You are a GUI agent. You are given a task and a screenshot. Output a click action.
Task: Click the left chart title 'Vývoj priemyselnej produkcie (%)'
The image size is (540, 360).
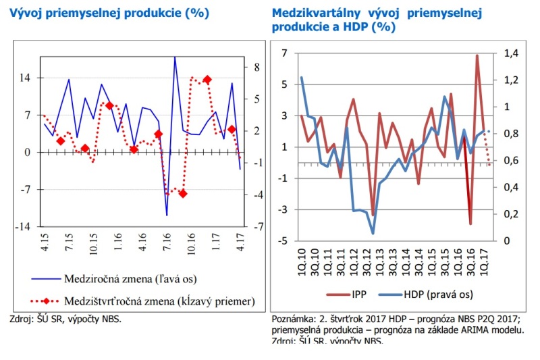pos(109,13)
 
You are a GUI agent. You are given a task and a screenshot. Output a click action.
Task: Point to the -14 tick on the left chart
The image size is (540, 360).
pos(22,227)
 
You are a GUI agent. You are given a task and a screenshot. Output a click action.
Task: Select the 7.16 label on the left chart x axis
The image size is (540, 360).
pos(165,252)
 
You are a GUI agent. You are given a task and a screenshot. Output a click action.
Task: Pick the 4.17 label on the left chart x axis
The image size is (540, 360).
pos(240,252)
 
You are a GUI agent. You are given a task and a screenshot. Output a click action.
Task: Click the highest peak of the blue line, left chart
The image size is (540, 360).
pos(174,57)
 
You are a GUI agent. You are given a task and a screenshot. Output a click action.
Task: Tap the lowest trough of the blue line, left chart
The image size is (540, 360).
pos(166,215)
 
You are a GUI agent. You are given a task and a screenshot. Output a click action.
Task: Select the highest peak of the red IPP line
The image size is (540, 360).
pos(477,55)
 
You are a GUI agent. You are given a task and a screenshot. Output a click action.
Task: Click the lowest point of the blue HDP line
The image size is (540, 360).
pos(373,234)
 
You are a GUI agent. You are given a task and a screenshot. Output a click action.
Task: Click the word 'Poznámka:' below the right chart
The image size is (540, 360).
pos(294,319)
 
